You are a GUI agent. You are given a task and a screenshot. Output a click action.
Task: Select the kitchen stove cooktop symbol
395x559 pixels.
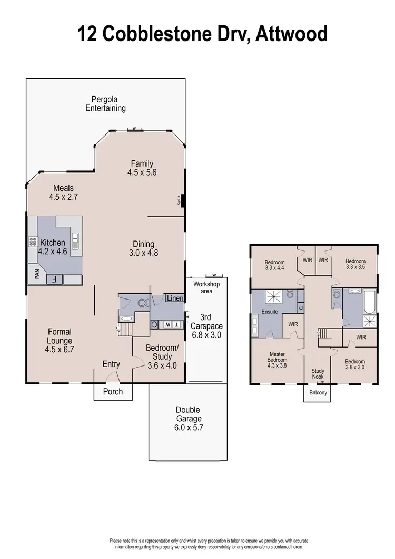point(32,242)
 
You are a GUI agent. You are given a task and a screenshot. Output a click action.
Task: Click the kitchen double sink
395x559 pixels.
point(76,242)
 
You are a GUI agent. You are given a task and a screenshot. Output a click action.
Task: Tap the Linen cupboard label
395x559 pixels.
point(174,298)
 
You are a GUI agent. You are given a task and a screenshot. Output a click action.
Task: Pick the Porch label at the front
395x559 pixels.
point(113,391)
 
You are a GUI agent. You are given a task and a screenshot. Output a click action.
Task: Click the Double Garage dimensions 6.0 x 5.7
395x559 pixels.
point(188,428)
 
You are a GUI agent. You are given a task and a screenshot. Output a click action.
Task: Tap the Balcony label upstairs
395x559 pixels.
point(318,392)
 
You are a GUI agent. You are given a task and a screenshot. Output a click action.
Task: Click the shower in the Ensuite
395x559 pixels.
point(272,298)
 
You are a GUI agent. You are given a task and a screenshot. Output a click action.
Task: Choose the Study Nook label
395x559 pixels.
point(318,374)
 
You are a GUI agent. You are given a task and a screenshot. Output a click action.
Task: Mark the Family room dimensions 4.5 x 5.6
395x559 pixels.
point(142,172)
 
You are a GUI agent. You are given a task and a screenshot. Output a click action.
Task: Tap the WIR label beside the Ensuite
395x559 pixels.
point(293,324)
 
